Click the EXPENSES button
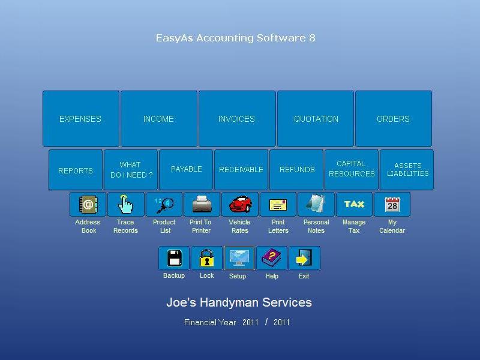point(81,119)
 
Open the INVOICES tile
point(237,119)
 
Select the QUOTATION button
point(316,119)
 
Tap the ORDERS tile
point(394,119)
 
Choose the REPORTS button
point(76,170)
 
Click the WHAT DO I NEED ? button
point(131,170)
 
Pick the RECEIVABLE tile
point(241,170)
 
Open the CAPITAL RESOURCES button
point(352,170)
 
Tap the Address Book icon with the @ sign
point(88,205)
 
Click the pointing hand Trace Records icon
point(126,205)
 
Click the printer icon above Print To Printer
point(202,205)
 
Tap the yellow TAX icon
point(354,205)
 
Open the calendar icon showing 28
point(392,205)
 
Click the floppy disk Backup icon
point(174,258)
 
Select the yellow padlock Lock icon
point(206,258)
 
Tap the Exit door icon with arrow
point(304,258)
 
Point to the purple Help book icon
point(272,258)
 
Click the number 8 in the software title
point(312,38)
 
